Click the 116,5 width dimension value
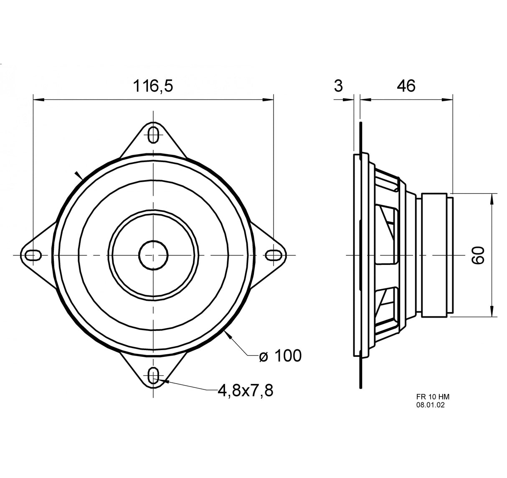[x=152, y=86]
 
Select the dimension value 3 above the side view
[x=338, y=86]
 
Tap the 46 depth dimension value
[x=406, y=86]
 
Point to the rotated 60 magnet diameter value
[x=478, y=255]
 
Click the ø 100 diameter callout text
[x=280, y=356]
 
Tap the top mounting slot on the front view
[x=154, y=135]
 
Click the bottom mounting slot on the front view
[x=154, y=375]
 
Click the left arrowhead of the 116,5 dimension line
[x=38, y=100]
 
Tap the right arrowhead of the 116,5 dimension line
[x=269, y=100]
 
